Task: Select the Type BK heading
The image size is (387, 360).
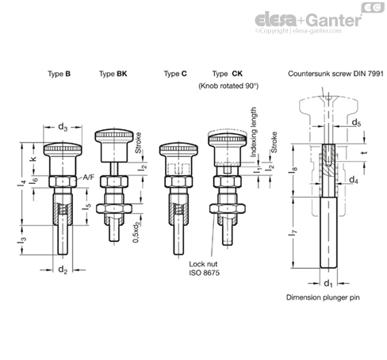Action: pos(111,74)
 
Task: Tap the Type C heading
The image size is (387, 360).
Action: pos(175,74)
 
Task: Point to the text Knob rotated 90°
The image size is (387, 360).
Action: pos(229,84)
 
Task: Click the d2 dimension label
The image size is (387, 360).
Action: pos(64,270)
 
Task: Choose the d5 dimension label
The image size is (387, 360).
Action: pos(358,122)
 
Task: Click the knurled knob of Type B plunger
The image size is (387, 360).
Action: pos(64,149)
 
